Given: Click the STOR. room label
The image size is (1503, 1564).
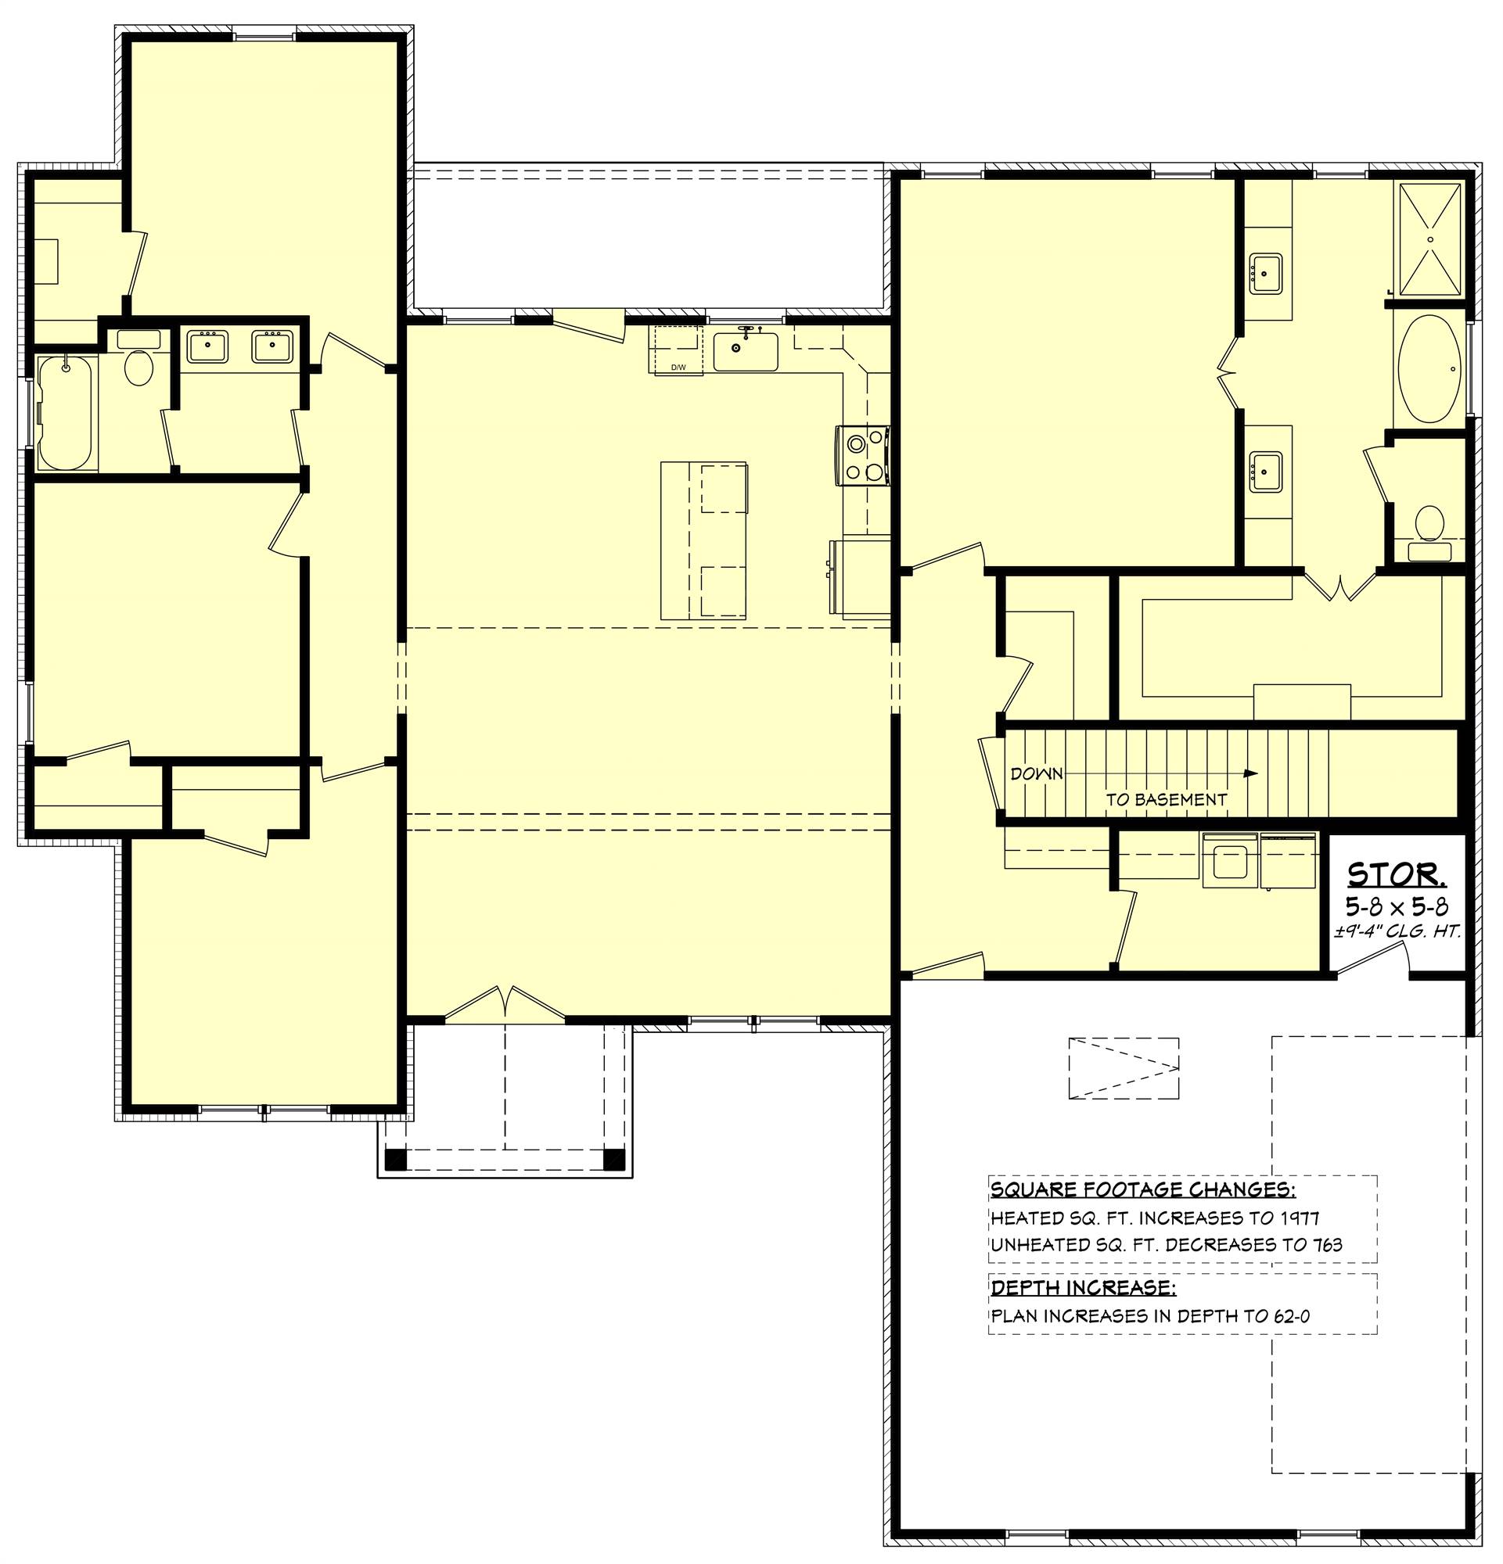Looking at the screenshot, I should point(1396,876).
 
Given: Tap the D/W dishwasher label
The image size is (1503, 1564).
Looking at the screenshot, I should point(678,367).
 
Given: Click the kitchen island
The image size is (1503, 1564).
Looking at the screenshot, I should point(703,540).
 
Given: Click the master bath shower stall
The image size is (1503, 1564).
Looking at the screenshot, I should point(1429,239).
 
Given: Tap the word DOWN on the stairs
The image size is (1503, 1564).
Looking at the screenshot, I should point(1036,773).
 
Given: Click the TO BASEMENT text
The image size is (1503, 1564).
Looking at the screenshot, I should point(1165,798).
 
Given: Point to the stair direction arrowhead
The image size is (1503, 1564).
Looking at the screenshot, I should point(1251,773).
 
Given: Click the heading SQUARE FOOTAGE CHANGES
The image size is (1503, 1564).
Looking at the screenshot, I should point(1142,1190).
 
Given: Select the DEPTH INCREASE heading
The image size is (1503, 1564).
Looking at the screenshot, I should point(1082,1288).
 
